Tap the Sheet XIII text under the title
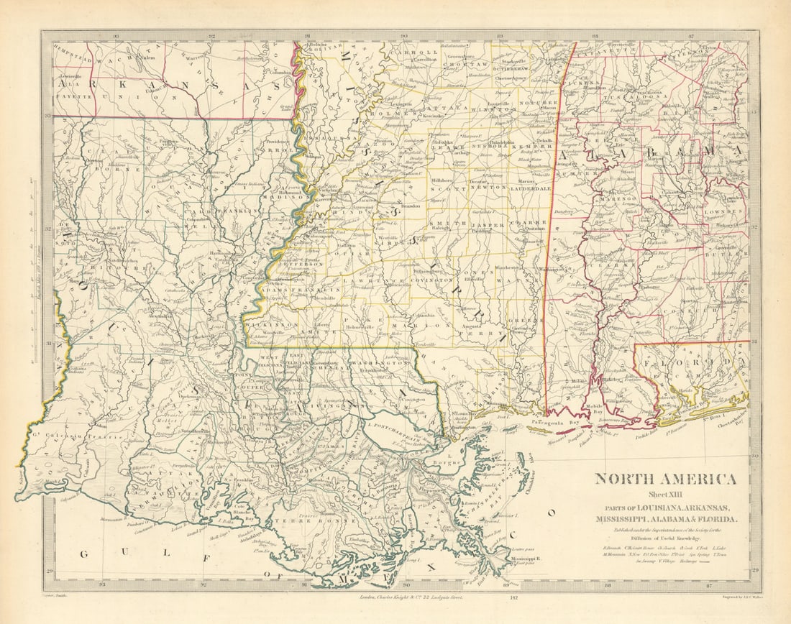665,494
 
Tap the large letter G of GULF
83,553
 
